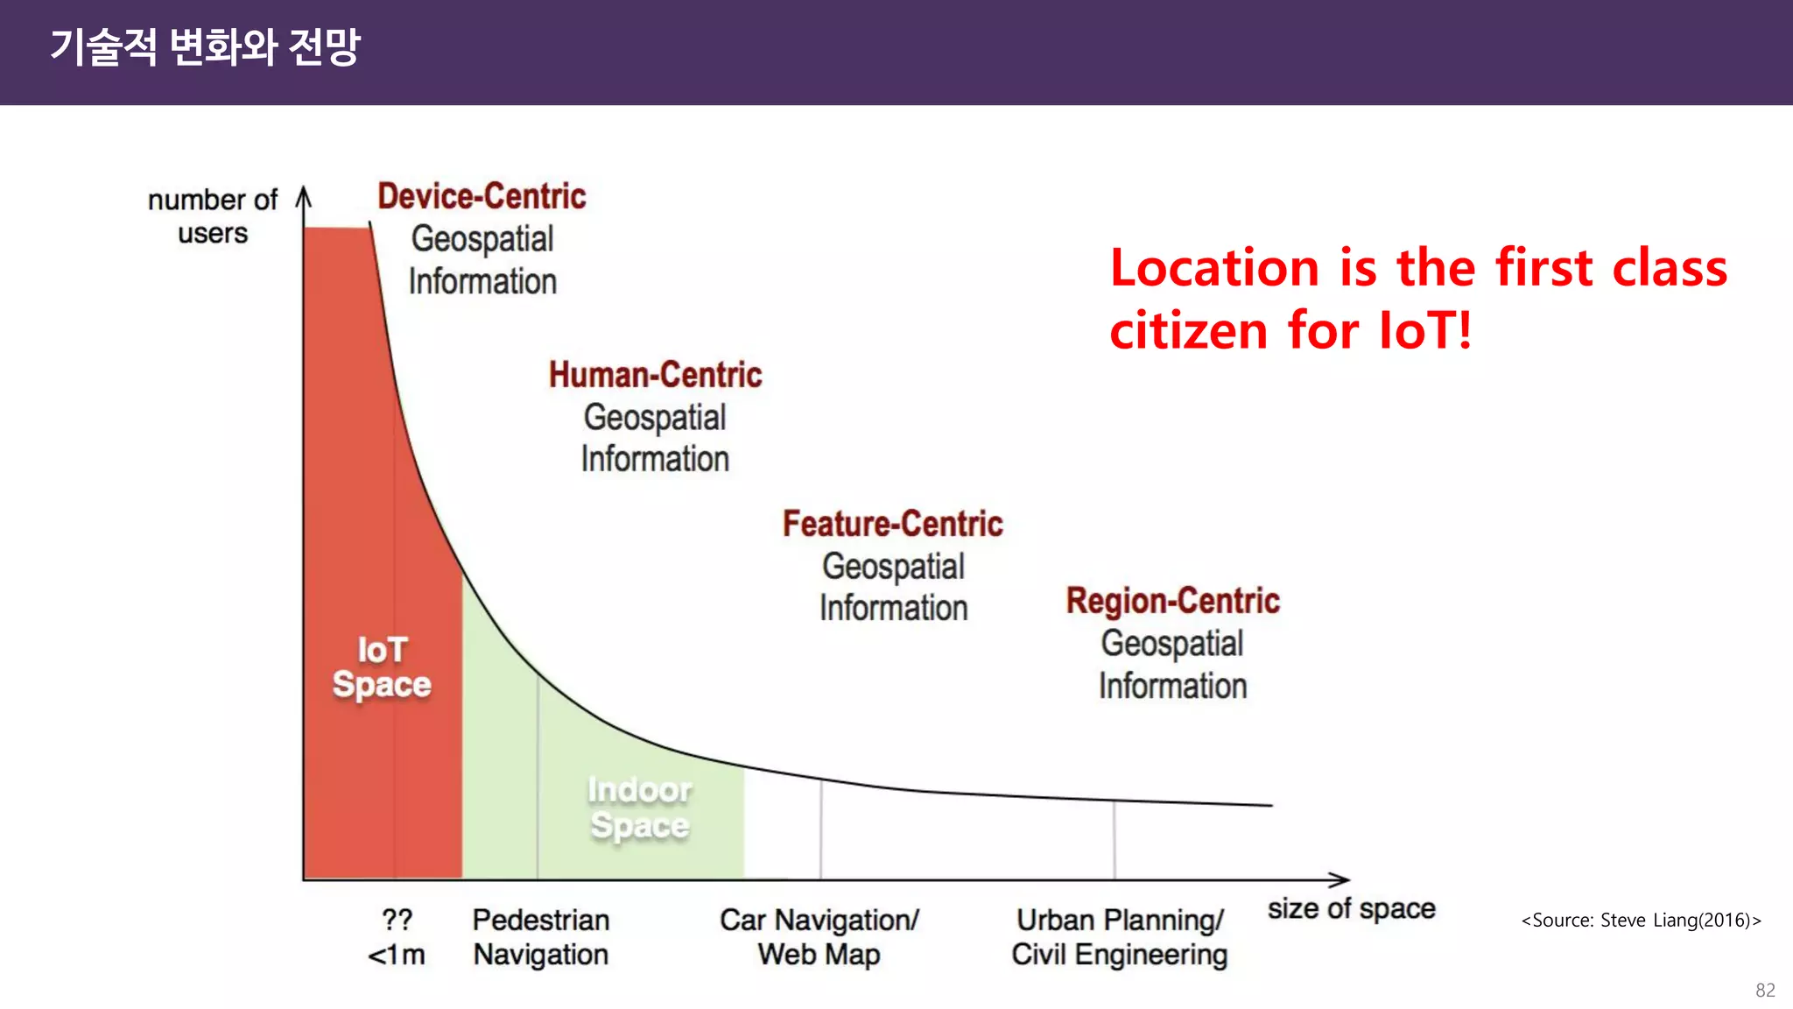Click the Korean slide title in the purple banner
(205, 47)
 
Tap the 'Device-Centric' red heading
(482, 196)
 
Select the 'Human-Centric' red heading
(655, 375)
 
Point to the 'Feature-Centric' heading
(892, 524)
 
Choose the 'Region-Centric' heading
(1172, 601)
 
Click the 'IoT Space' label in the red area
(382, 667)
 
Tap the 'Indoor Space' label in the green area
(639, 808)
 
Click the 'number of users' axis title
(213, 216)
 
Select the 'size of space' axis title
(1351, 909)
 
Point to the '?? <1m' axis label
(397, 937)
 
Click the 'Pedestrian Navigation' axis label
(541, 937)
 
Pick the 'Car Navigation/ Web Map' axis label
(819, 937)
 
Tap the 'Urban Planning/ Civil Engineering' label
(1120, 937)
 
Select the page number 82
(1765, 991)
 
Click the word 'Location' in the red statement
(1214, 268)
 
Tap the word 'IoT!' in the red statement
(1425, 331)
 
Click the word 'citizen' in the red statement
(1188, 331)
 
